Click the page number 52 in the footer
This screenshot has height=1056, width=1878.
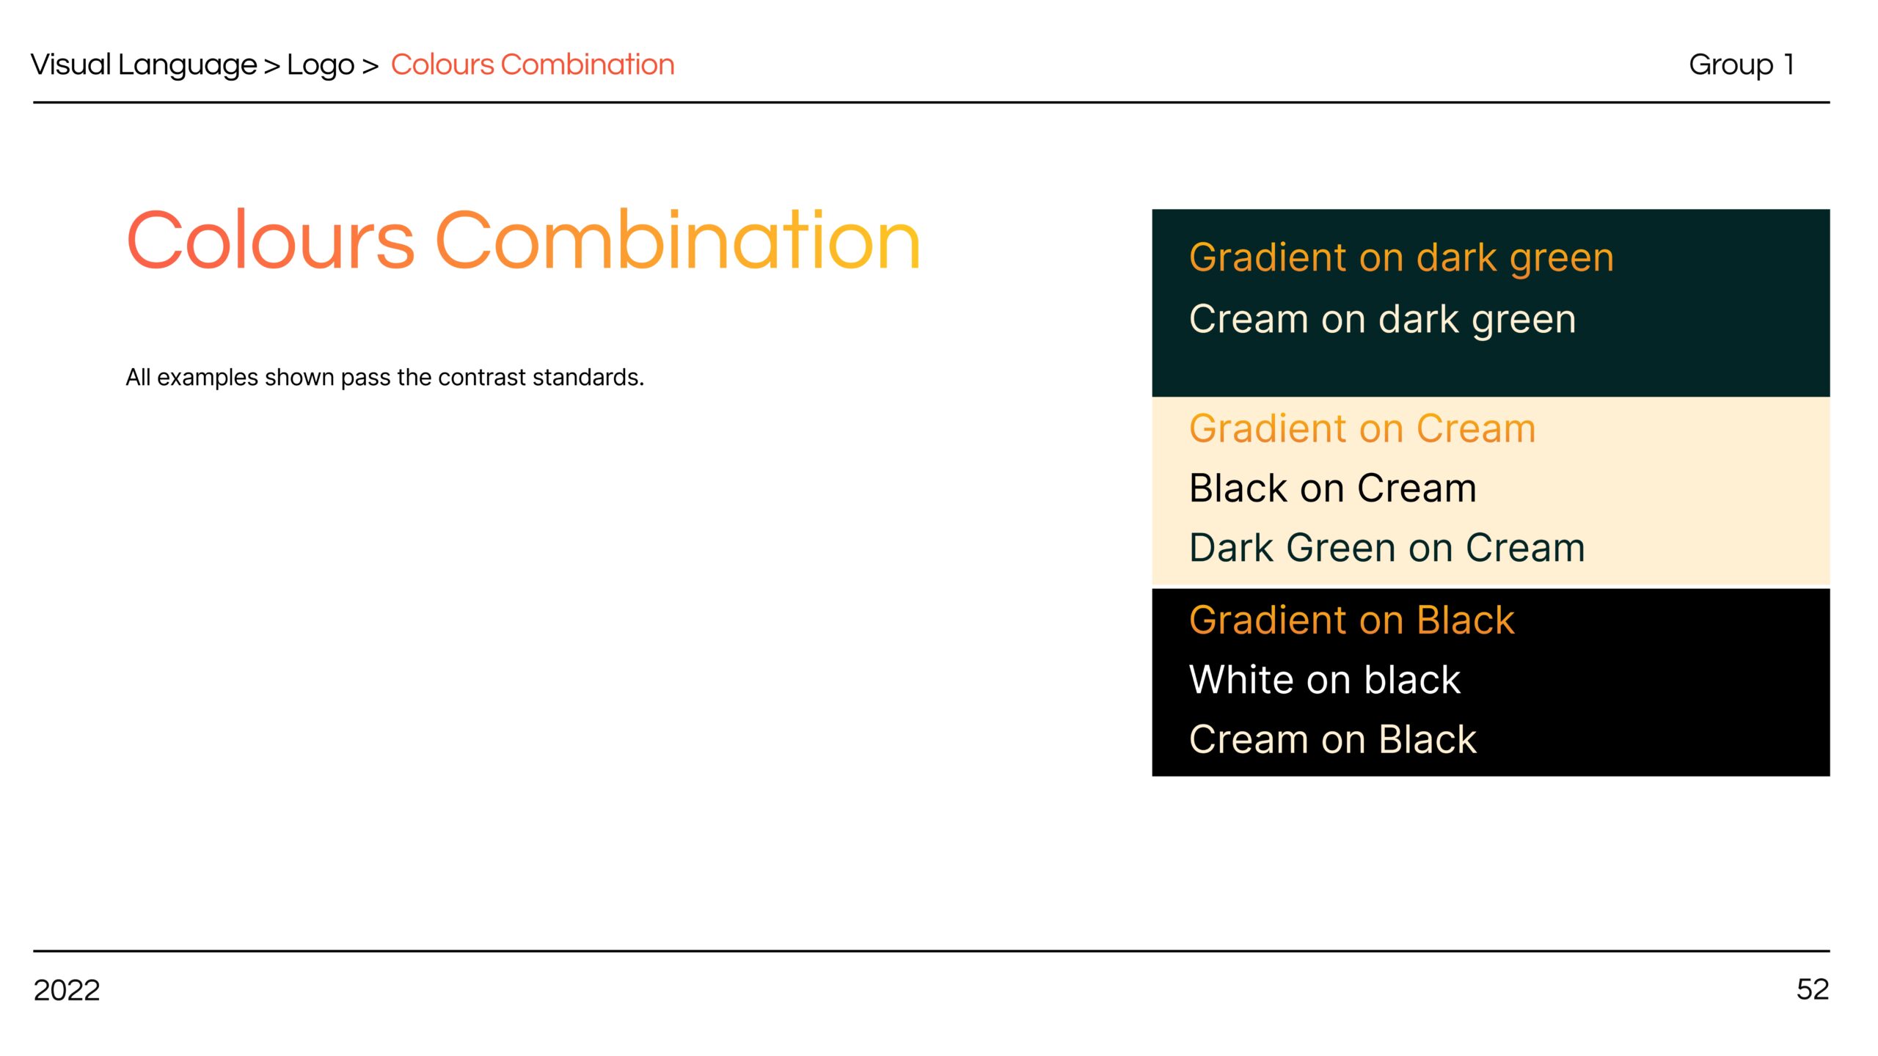1812,989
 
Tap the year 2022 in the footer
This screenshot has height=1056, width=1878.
67,990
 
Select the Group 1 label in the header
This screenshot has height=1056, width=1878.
1742,65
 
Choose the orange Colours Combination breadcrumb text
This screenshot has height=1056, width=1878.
533,65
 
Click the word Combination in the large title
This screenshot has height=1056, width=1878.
678,239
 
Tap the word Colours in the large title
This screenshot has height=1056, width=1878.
271,239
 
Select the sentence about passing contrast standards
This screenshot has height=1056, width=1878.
385,377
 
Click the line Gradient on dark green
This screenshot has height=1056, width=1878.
1401,258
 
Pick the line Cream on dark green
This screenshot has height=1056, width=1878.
1382,320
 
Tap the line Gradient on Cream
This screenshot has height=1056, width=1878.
1362,428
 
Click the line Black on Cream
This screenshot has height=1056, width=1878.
1332,488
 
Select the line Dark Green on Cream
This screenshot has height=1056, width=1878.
1386,548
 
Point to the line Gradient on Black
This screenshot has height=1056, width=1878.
1351,620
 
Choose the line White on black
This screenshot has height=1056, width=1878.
1325,680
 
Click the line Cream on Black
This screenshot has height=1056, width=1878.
1332,739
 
